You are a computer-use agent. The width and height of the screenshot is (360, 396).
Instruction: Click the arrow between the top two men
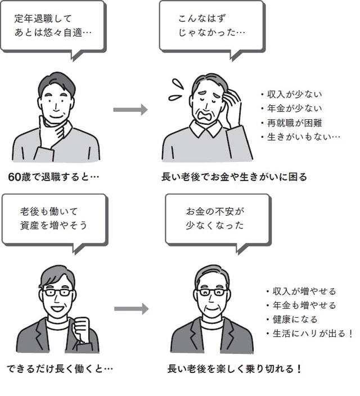[130, 109]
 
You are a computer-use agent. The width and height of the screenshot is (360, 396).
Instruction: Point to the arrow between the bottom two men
[130, 308]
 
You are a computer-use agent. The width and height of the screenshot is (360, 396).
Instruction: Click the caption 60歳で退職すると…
[54, 177]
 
